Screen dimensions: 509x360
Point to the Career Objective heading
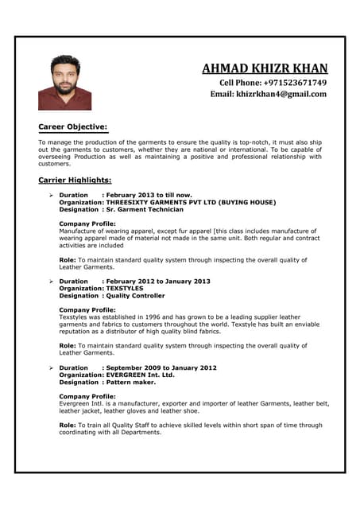pyautogui.click(x=72, y=127)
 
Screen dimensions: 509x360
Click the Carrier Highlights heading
pyautogui.click(x=75, y=181)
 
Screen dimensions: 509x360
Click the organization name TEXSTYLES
pyautogui.click(x=124, y=288)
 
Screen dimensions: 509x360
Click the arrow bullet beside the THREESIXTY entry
pyautogui.click(x=50, y=195)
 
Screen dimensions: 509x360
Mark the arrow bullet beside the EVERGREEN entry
pyautogui.click(x=50, y=368)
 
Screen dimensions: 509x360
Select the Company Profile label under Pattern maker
pyautogui.click(x=87, y=396)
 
